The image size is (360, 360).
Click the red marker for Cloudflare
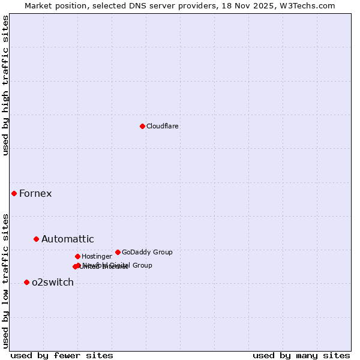click(x=142, y=126)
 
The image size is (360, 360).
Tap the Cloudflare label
click(x=162, y=126)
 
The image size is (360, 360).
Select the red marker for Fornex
click(x=14, y=193)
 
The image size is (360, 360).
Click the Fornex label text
click(x=35, y=193)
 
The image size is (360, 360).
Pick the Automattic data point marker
click(x=36, y=239)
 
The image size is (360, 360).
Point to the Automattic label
click(x=67, y=239)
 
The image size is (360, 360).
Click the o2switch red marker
click(x=26, y=282)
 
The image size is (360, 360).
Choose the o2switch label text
click(x=52, y=282)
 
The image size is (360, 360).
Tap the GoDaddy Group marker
click(x=118, y=252)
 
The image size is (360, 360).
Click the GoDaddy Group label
click(x=147, y=252)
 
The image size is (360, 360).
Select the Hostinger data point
click(x=77, y=256)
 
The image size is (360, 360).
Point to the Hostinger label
click(x=97, y=256)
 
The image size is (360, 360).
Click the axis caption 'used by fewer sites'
click(x=62, y=355)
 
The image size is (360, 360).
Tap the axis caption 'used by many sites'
click(x=301, y=355)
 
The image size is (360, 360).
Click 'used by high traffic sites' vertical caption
click(x=5, y=86)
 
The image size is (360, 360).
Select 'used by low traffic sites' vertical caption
click(x=5, y=281)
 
